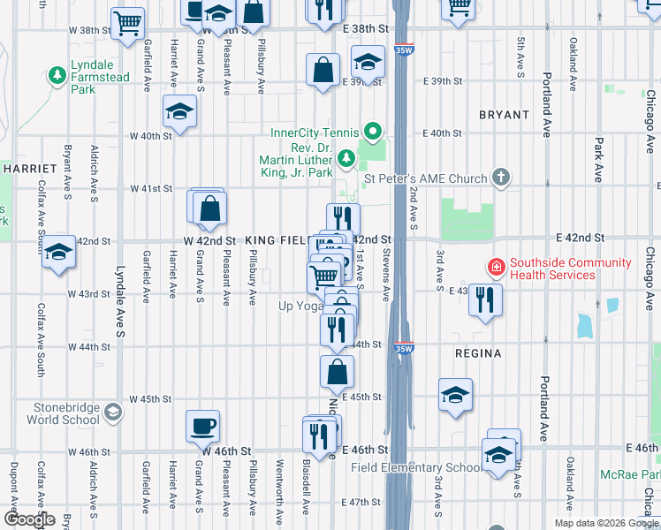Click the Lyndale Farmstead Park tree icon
(x=59, y=76)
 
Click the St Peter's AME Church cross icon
(x=501, y=178)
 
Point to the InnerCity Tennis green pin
(x=374, y=133)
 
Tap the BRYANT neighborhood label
(x=504, y=115)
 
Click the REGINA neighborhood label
(x=477, y=353)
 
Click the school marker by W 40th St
(x=180, y=111)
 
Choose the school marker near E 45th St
(x=455, y=394)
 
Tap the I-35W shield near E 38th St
(x=404, y=50)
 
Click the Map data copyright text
(x=605, y=523)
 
